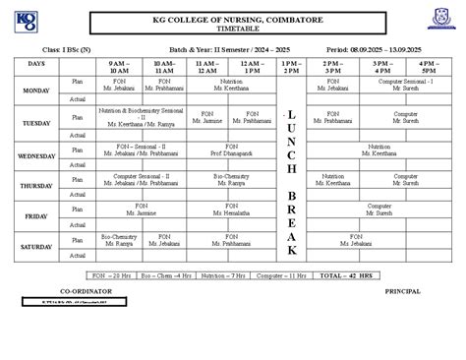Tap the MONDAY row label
[x=36, y=90]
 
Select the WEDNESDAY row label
[x=36, y=155]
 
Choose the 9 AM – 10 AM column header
[x=119, y=66]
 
